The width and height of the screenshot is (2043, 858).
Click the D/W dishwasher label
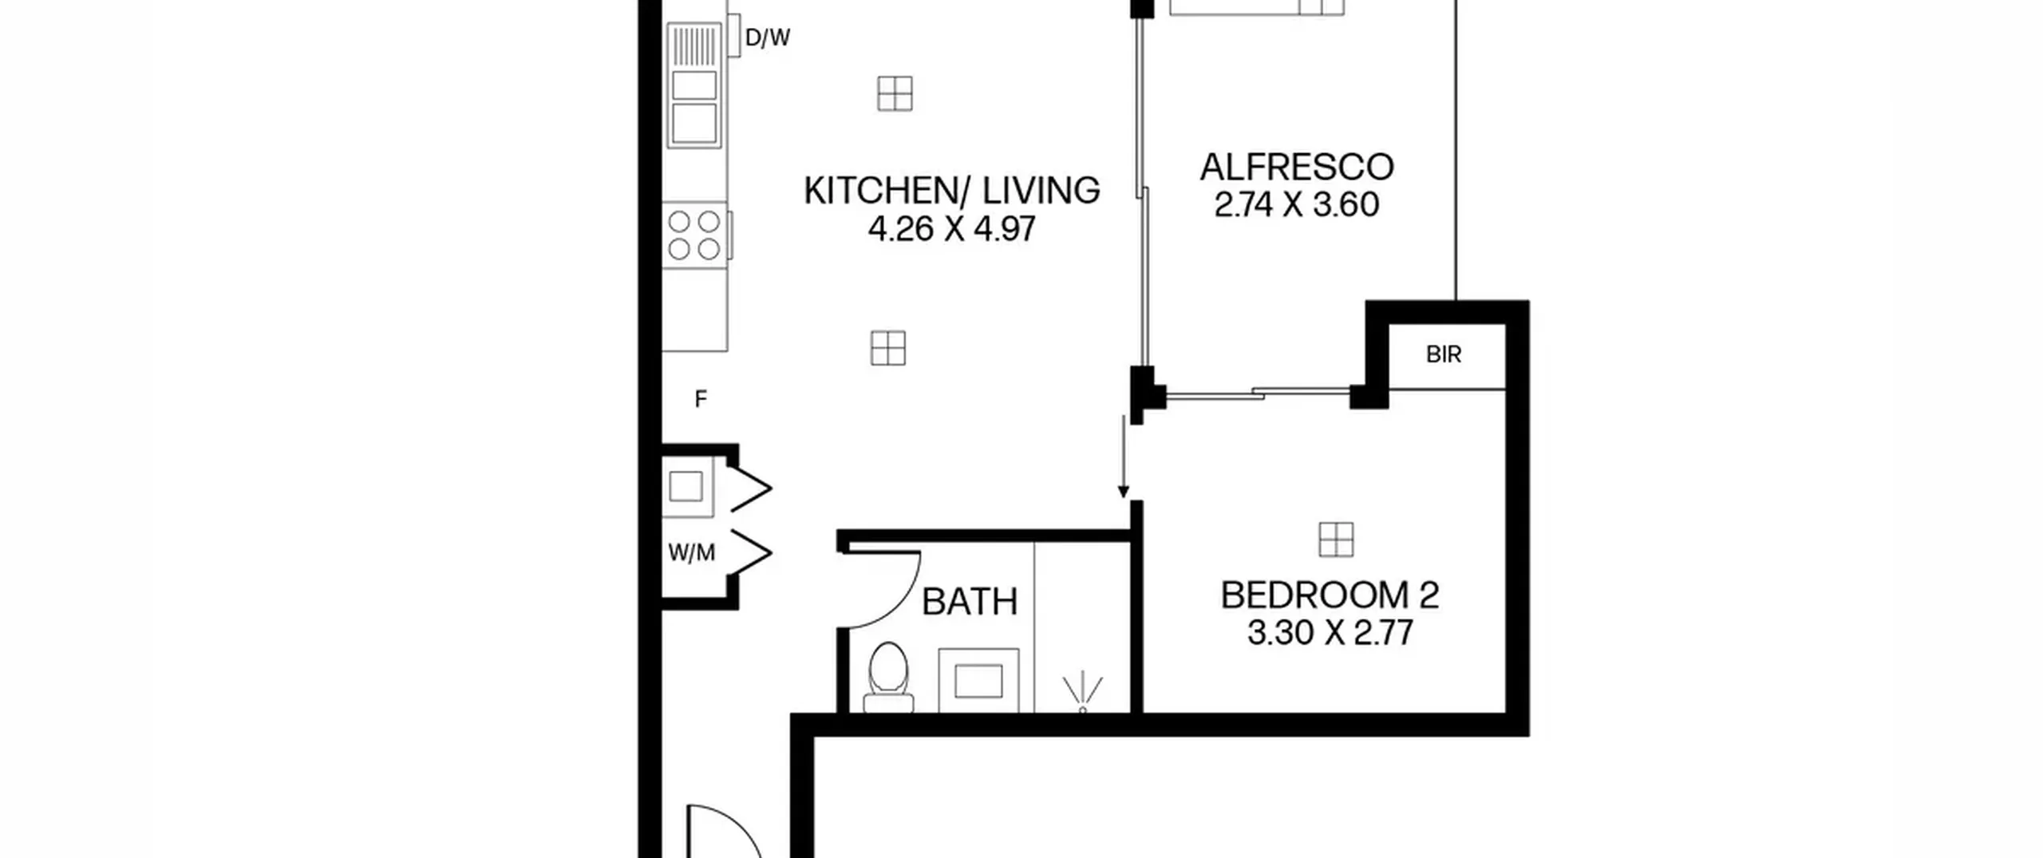pos(767,38)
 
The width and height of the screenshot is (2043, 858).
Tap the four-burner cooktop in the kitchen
pos(694,235)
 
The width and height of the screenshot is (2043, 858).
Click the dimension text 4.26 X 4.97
pos(951,230)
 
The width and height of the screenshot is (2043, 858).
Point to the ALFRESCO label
pos(1297,168)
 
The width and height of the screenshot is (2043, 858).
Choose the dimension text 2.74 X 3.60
pos(1297,205)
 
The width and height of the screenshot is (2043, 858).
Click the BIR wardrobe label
pos(1444,354)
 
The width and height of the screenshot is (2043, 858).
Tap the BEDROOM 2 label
pos(1330,595)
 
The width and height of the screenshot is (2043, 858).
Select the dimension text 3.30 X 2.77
pos(1330,634)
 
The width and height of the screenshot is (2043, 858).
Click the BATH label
pos(970,602)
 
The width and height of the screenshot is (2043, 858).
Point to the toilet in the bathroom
pos(888,678)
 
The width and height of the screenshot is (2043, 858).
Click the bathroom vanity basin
pos(978,681)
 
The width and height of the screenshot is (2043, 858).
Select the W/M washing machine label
pos(691,552)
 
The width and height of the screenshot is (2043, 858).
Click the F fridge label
pos(701,399)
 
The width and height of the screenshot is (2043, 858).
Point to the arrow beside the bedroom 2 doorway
pos(1124,457)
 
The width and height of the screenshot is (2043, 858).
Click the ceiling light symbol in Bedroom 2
pos(1336,540)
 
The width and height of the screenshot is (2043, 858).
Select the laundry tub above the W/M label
pos(686,486)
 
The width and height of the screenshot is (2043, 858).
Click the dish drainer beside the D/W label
pos(694,45)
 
